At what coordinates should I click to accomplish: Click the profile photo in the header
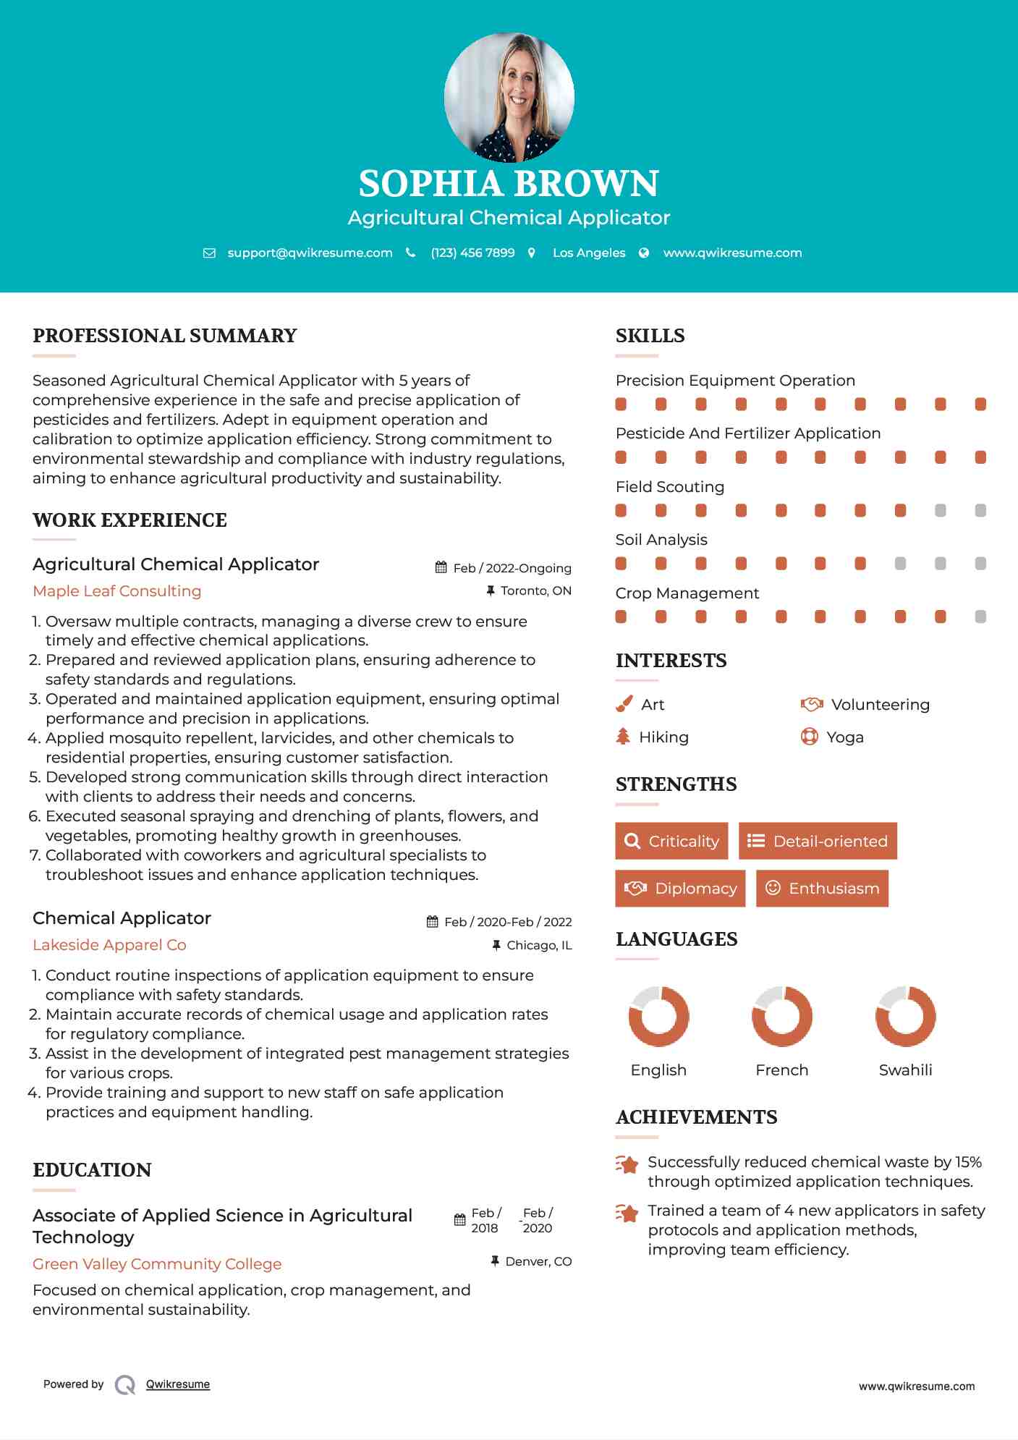(x=509, y=97)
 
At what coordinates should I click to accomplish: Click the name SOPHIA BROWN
(x=509, y=184)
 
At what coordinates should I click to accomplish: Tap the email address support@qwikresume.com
(x=310, y=253)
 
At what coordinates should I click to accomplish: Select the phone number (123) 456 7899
(x=472, y=253)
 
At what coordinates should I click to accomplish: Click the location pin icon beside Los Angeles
(x=532, y=253)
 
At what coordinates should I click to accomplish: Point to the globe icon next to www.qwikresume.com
(x=644, y=253)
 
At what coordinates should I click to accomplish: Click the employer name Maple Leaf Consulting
(x=117, y=591)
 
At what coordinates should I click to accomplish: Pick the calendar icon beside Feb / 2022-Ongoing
(x=441, y=568)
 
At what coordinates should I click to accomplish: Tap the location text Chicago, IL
(x=539, y=945)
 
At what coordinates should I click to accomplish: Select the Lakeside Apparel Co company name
(x=109, y=945)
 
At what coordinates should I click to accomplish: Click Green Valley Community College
(x=157, y=1264)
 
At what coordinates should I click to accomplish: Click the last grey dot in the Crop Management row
(x=980, y=617)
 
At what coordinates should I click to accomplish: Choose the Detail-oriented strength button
(x=818, y=841)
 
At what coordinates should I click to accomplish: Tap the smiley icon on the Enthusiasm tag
(x=773, y=888)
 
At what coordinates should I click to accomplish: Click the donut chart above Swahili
(x=905, y=1016)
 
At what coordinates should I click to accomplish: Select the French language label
(x=781, y=1070)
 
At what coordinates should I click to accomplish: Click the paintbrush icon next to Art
(x=624, y=704)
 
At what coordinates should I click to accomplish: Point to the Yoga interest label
(x=845, y=737)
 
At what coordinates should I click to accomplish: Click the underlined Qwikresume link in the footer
(x=178, y=1384)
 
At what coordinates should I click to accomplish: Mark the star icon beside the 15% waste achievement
(x=627, y=1164)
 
